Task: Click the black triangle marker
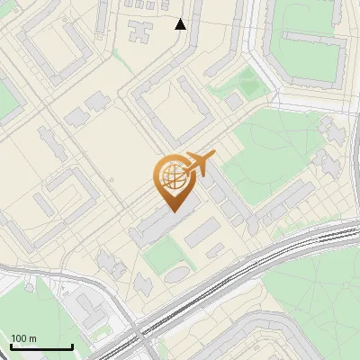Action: tap(181, 24)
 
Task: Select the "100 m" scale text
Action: tap(23, 338)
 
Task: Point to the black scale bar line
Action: tap(41, 347)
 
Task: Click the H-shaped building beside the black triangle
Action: tap(140, 31)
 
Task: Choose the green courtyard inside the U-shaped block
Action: tap(310, 58)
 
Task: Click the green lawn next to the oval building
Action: tap(160, 256)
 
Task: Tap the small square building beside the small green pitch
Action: tap(234, 102)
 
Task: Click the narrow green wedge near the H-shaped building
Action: tap(118, 58)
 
